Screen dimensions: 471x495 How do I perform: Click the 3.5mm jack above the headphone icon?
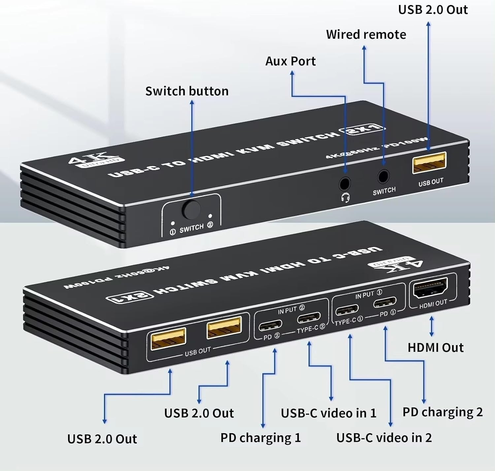pyautogui.click(x=345, y=183)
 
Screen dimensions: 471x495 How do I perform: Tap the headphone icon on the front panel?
pyautogui.click(x=346, y=198)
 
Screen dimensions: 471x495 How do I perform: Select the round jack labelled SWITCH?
pyautogui.click(x=383, y=176)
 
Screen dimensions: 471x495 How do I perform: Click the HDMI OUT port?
pyautogui.click(x=431, y=288)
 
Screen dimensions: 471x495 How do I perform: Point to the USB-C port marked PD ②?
pyautogui.click(x=271, y=326)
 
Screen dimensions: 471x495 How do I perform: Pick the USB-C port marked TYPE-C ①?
pyautogui.click(x=347, y=310)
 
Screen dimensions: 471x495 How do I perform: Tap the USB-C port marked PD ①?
pyautogui.click(x=385, y=302)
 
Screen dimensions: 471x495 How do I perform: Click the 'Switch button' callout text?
pyautogui.click(x=187, y=91)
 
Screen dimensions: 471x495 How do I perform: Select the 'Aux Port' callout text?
pyautogui.click(x=290, y=61)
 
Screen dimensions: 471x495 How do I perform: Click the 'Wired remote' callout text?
pyautogui.click(x=366, y=35)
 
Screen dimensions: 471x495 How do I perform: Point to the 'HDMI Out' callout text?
pyautogui.click(x=435, y=348)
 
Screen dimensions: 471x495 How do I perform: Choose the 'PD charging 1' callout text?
pyautogui.click(x=260, y=438)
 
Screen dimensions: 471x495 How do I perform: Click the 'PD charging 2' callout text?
pyautogui.click(x=443, y=412)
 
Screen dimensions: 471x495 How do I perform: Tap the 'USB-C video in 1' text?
pyautogui.click(x=328, y=413)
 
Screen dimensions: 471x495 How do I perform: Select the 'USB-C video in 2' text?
pyautogui.click(x=384, y=438)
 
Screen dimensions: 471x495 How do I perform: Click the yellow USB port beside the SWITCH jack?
pyautogui.click(x=429, y=162)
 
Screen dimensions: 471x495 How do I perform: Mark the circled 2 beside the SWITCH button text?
pyautogui.click(x=210, y=225)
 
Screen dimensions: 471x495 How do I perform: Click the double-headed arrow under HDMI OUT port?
pyautogui.click(x=431, y=327)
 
